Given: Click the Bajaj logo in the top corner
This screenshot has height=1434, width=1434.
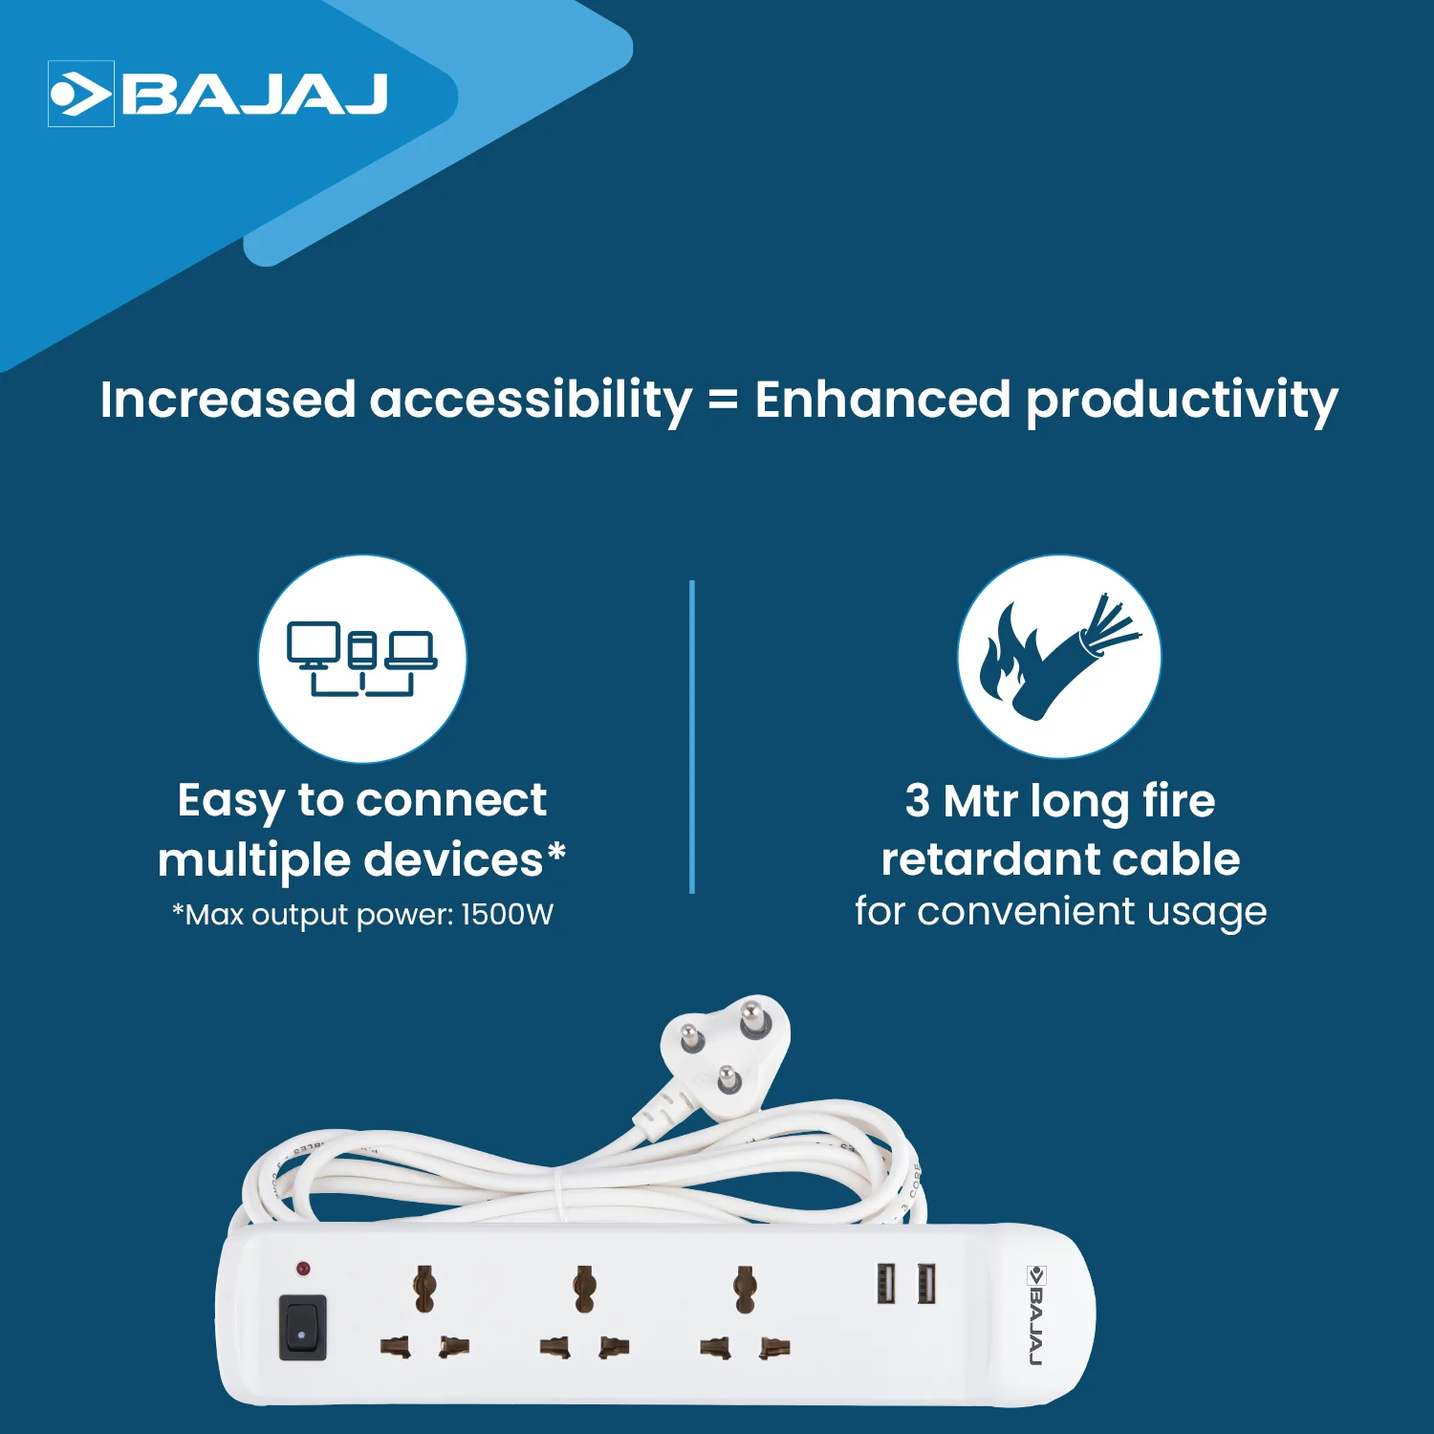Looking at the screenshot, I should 218,94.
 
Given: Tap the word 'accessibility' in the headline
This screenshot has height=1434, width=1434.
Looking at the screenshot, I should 531,400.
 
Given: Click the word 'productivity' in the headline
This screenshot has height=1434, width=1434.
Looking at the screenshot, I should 1182,400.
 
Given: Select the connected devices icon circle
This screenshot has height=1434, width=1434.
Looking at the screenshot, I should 362,659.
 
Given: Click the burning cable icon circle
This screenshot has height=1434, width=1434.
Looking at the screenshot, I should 1059,657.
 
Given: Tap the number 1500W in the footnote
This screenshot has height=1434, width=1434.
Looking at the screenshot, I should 507,915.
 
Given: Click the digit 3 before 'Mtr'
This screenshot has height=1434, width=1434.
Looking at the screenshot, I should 917,801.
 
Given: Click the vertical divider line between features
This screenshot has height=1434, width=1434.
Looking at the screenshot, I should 691,736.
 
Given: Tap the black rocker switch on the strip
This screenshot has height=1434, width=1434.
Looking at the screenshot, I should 302,1327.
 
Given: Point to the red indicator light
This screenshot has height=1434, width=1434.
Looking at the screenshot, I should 303,1270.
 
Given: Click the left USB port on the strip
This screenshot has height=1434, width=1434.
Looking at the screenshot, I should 886,1283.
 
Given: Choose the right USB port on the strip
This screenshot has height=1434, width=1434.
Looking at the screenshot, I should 925,1283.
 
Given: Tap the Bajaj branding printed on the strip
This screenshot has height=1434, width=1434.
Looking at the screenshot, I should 1036,1314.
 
